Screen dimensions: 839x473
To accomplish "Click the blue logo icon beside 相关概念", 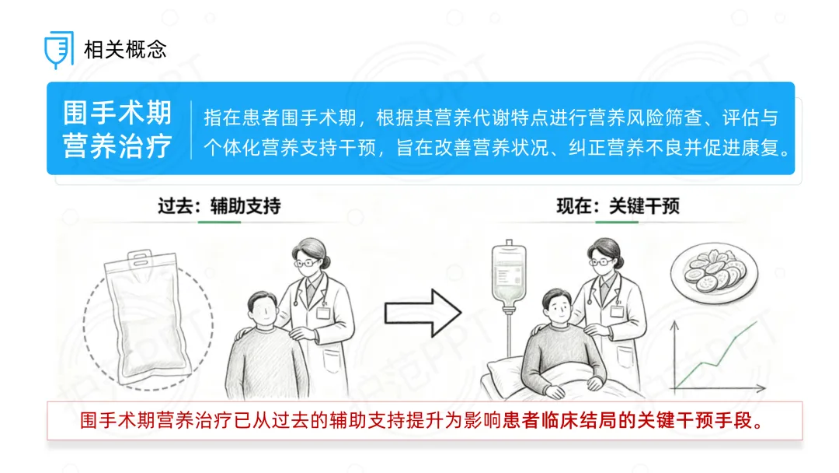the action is click(59, 49).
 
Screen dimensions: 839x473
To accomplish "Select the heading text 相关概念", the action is click(125, 50).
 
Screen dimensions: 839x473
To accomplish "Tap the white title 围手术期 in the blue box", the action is click(118, 113).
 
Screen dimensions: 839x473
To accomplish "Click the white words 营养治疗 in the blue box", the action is click(118, 145).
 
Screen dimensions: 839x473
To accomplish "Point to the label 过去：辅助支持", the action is click(219, 205).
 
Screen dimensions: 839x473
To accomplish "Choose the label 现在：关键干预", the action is click(618, 205).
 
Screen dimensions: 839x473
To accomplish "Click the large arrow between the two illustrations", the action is click(423, 313).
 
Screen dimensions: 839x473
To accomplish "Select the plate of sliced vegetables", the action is click(715, 272).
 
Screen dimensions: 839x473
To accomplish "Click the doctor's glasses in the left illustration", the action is click(305, 263).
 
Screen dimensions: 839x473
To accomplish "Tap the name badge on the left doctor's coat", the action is click(323, 312).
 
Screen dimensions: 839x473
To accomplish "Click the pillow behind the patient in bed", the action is click(506, 373).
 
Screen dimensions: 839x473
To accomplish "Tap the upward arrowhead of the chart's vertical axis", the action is click(675, 324).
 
